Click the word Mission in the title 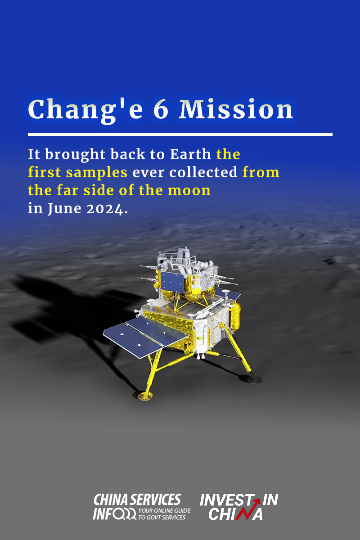click(236, 109)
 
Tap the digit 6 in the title click(161, 109)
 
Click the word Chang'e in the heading click(85, 110)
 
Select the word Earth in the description click(190, 154)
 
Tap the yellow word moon click(189, 190)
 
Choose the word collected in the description click(203, 172)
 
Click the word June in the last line click(64, 209)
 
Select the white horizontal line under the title click(180, 135)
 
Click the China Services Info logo click(142, 506)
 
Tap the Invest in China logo click(238, 507)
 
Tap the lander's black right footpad click(255, 380)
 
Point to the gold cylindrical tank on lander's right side click(236, 315)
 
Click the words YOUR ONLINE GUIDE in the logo click(164, 511)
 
